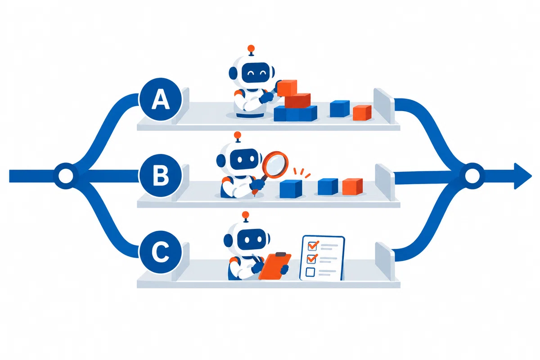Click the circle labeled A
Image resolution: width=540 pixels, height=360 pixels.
pyautogui.click(x=160, y=99)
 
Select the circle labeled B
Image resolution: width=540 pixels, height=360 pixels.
pyautogui.click(x=160, y=175)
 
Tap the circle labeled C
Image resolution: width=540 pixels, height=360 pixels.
pyautogui.click(x=160, y=252)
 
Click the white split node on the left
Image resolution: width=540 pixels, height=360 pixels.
pyautogui.click(x=66, y=176)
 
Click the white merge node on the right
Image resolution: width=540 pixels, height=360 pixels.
pyautogui.click(x=472, y=176)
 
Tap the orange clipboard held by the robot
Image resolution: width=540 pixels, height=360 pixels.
pyautogui.click(x=275, y=266)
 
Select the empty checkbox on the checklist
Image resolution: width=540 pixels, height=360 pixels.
pyautogui.click(x=310, y=272)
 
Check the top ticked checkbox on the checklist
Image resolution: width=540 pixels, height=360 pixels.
pyautogui.click(x=313, y=246)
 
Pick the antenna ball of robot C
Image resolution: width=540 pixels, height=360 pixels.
pyautogui.click(x=245, y=215)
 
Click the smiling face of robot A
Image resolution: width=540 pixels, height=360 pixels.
pyautogui.click(x=256, y=72)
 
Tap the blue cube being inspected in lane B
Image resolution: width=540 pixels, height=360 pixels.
pyautogui.click(x=291, y=189)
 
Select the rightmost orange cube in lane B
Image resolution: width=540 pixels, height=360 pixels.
pyautogui.click(x=352, y=186)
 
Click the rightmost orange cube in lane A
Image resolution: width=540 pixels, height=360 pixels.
pyautogui.click(x=362, y=112)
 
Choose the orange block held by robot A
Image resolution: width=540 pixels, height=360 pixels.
pyautogui.click(x=287, y=88)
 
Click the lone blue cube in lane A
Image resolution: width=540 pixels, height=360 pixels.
pyautogui.click(x=340, y=109)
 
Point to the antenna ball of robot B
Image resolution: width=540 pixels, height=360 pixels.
pyautogui.click(x=238, y=135)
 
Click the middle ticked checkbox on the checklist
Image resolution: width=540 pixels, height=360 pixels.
pyautogui.click(x=312, y=259)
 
